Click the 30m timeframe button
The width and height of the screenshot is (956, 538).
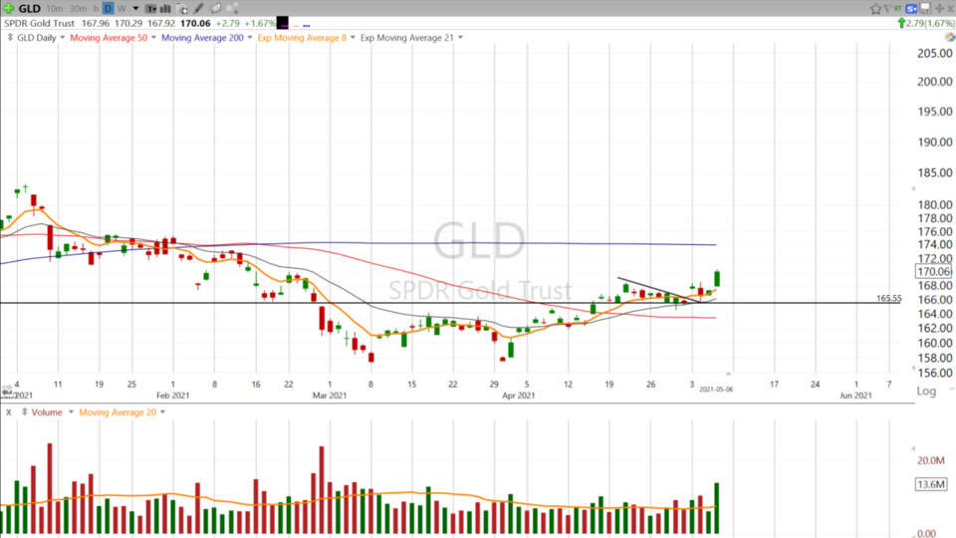78,8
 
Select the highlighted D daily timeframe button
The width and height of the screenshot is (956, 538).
109,8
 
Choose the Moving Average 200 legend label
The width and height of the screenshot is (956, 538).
202,38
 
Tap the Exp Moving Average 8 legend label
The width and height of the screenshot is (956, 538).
302,38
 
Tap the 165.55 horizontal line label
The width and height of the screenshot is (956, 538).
888,298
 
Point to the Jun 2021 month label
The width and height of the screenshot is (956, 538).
855,396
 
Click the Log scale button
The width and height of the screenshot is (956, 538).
925,392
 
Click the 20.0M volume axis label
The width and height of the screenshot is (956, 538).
931,460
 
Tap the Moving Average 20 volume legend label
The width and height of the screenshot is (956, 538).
118,412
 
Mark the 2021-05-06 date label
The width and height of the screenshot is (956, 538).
717,390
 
